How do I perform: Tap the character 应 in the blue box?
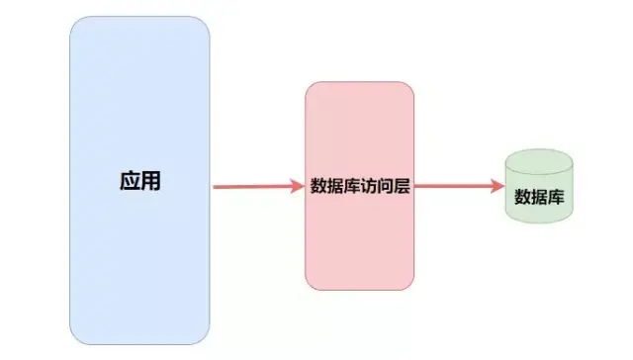tap(129, 182)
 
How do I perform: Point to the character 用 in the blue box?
tap(150, 182)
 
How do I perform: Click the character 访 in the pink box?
tap(367, 185)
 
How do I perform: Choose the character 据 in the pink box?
tap(334, 185)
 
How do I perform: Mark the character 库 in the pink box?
tap(350, 185)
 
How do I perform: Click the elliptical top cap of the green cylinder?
tap(539, 160)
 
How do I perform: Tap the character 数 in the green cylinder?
tap(522, 195)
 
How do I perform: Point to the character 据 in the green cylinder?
tap(539, 195)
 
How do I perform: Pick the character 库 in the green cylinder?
tap(556, 195)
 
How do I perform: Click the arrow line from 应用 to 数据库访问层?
tap(252, 185)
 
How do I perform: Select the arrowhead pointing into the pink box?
tap(297, 185)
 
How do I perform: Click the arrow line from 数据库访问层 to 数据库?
tap(455, 185)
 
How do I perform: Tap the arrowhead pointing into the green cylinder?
tap(497, 185)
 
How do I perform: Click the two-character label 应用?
tap(139, 182)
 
